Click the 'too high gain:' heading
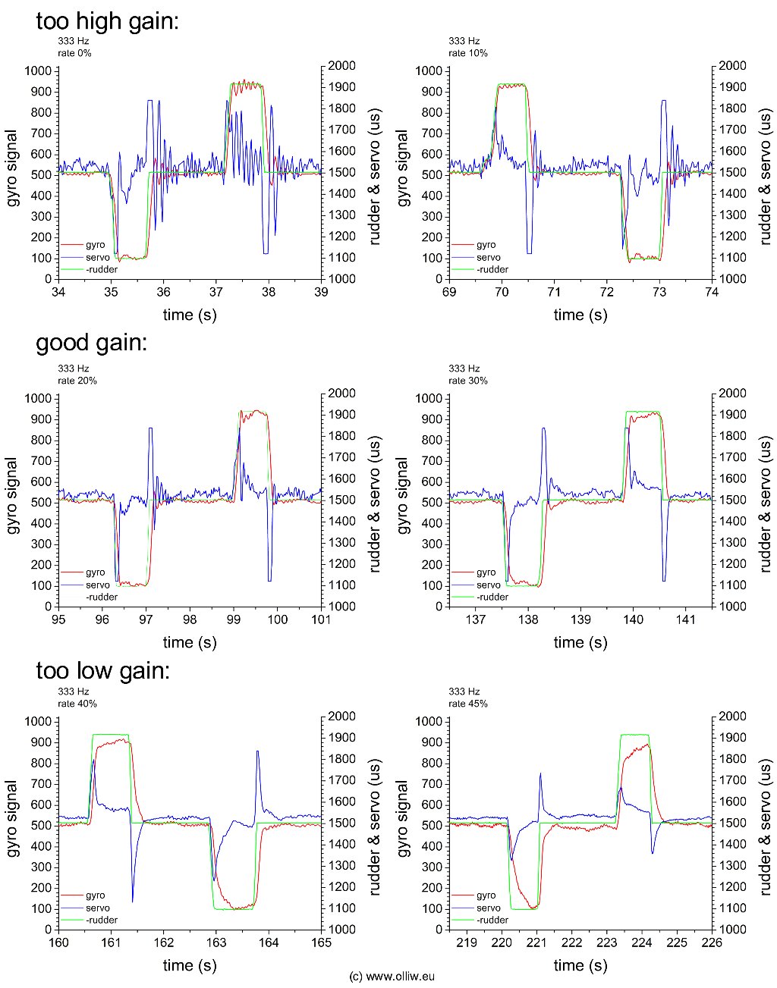pyautogui.click(x=107, y=20)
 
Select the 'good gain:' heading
pyautogui.click(x=91, y=343)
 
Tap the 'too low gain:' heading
pyautogui.click(x=102, y=670)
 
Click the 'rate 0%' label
pyautogui.click(x=74, y=53)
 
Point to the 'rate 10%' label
pyautogui.click(x=468, y=53)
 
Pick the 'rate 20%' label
pyautogui.click(x=77, y=381)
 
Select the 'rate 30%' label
pyautogui.click(x=468, y=381)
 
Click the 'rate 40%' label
pyautogui.click(x=77, y=704)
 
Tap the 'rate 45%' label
pyautogui.click(x=468, y=704)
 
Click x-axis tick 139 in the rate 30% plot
pyautogui.click(x=580, y=620)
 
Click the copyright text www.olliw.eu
pyautogui.click(x=392, y=977)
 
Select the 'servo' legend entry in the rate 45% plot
pyautogui.click(x=489, y=908)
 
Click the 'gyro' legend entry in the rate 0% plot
pyautogui.click(x=96, y=245)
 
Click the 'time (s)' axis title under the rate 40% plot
pyautogui.click(x=190, y=965)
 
